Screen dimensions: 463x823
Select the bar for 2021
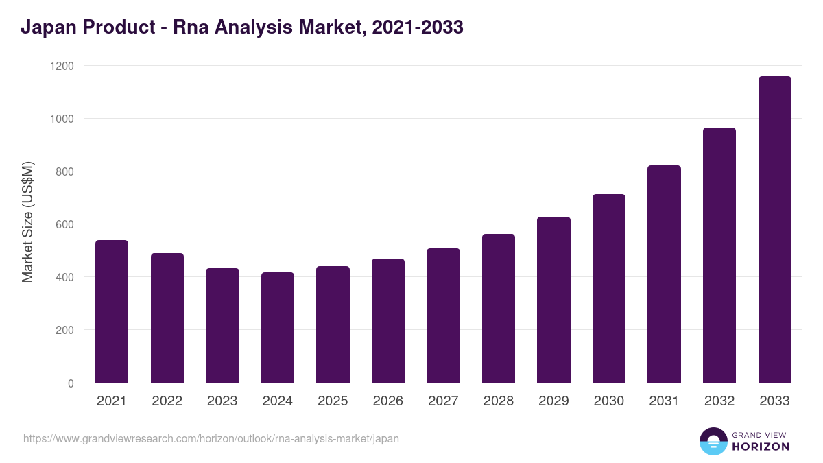click(x=112, y=311)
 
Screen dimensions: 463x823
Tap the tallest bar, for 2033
click(x=774, y=230)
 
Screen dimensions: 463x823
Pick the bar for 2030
click(x=609, y=289)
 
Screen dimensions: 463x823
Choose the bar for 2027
click(x=443, y=316)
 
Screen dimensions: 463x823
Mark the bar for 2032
click(x=719, y=255)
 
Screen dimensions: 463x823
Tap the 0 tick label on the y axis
click(x=71, y=383)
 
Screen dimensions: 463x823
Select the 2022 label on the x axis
click(x=167, y=401)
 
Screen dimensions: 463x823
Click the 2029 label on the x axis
click(x=553, y=401)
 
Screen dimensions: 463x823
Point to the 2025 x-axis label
click(x=333, y=401)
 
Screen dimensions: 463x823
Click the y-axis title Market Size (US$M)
click(x=27, y=221)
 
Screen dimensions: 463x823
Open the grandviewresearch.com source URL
click(x=211, y=438)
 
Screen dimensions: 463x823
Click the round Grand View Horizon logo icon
click(x=713, y=441)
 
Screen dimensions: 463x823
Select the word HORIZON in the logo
click(x=761, y=447)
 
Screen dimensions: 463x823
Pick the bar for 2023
click(x=222, y=326)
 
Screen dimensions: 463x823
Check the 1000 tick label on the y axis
click(x=62, y=119)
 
